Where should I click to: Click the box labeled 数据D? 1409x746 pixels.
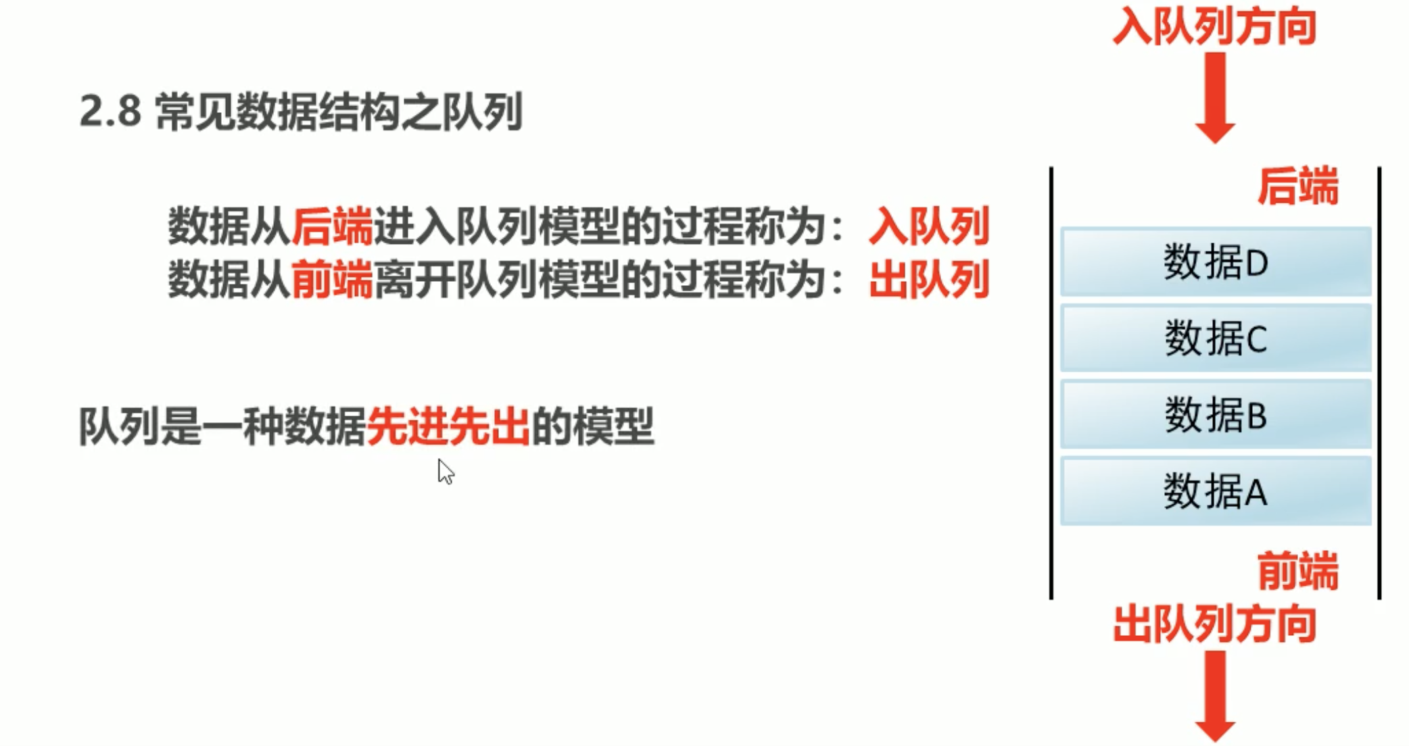tap(1215, 262)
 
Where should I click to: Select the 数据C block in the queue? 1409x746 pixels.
tap(1215, 338)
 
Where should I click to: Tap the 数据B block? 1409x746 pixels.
tap(1215, 414)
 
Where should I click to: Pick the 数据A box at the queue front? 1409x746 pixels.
tap(1215, 491)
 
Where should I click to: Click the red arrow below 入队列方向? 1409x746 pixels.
tap(1215, 97)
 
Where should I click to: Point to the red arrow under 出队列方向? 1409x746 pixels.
tap(1215, 696)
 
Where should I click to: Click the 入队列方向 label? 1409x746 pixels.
tap(1214, 27)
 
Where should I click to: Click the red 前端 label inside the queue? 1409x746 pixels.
tap(1297, 571)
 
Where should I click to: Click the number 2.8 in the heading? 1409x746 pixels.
tap(110, 111)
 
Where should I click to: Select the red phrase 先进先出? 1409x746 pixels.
tap(448, 426)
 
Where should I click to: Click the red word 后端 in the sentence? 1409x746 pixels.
tap(331, 226)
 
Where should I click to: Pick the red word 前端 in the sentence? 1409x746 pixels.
tap(331, 279)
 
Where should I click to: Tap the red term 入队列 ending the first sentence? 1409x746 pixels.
tap(929, 226)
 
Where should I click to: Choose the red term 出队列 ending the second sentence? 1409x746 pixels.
tap(929, 279)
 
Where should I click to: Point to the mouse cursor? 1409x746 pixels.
tap(445, 471)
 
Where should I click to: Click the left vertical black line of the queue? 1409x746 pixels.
tap(1051, 382)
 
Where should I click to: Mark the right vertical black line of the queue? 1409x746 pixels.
tap(1379, 382)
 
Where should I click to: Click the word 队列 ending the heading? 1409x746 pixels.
tap(481, 111)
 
